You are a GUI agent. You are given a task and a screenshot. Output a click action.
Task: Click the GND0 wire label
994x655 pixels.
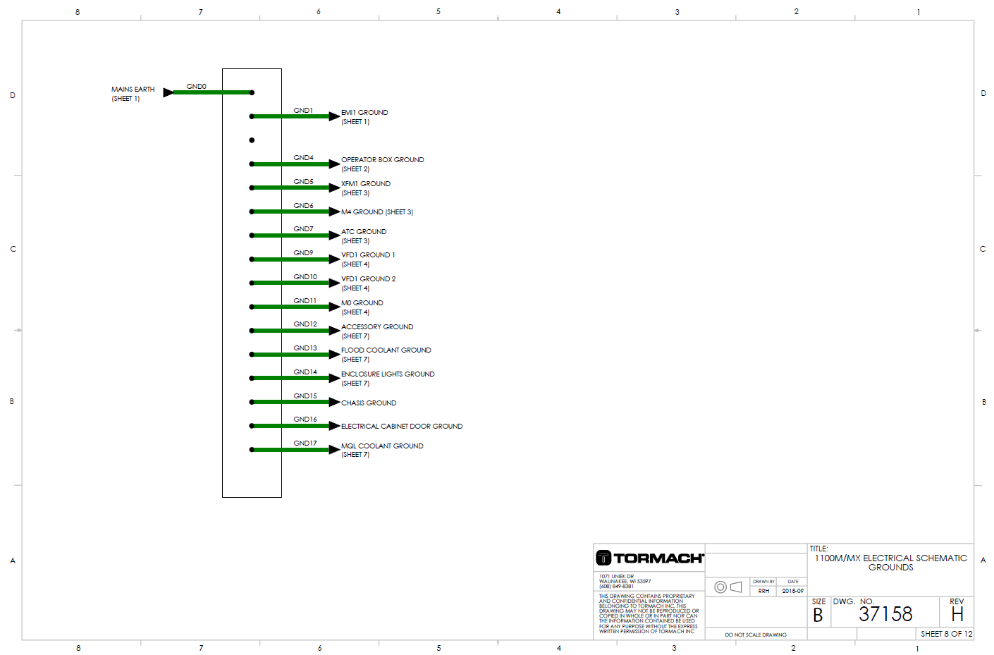196,87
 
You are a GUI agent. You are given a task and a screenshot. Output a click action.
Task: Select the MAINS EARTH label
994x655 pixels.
133,90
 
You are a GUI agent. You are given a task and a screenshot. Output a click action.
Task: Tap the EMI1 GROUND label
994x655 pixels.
364,113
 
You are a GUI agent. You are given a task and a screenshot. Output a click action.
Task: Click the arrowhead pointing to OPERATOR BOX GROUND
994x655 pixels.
334,164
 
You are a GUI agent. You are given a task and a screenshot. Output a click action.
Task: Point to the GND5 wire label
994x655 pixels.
303,182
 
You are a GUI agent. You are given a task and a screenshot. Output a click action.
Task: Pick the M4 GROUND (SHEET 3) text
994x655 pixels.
377,212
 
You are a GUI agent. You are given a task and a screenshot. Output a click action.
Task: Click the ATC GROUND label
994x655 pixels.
364,232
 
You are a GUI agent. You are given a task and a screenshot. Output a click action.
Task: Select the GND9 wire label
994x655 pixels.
303,253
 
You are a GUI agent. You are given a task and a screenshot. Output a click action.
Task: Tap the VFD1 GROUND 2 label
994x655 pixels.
368,279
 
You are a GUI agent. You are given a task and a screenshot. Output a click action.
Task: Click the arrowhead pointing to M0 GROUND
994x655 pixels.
334,307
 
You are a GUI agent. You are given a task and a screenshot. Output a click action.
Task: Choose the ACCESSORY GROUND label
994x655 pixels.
377,327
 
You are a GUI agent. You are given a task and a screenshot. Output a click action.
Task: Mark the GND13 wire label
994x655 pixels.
305,348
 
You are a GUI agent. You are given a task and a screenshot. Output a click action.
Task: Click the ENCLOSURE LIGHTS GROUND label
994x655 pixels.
388,374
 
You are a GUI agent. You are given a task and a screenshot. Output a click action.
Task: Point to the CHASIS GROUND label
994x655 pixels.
369,403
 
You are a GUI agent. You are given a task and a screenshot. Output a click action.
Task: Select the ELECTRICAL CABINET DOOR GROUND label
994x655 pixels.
402,427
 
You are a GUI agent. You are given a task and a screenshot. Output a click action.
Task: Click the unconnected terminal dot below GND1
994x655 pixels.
252,140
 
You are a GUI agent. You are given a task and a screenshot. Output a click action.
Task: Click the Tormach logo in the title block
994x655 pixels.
649,558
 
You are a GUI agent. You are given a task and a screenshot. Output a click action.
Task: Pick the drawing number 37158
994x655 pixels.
885,614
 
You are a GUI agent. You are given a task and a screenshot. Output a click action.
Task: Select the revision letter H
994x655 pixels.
957,614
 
